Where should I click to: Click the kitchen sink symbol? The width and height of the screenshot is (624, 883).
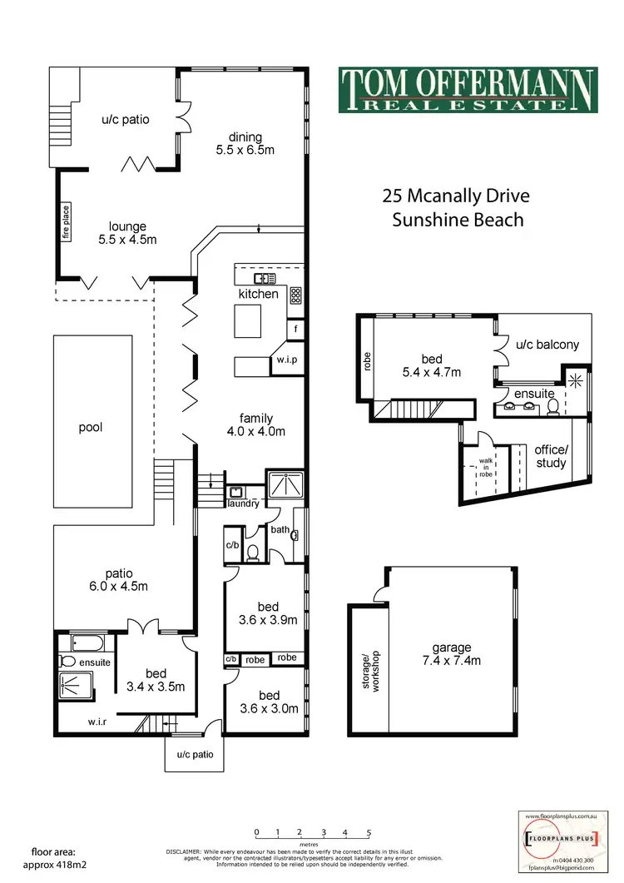click(265, 279)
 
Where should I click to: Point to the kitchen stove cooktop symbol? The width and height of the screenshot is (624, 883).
click(295, 294)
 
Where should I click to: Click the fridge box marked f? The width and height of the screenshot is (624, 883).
click(295, 330)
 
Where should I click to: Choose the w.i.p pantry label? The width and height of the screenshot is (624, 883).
click(287, 360)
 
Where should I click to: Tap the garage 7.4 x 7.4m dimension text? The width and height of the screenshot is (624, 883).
click(452, 654)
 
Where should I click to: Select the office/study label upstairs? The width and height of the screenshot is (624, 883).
click(550, 456)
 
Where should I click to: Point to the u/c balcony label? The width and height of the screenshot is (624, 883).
click(547, 344)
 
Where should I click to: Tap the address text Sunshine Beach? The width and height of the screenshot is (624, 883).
click(458, 220)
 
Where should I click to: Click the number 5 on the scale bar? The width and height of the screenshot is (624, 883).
click(368, 831)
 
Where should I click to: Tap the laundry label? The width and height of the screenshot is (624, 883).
click(243, 504)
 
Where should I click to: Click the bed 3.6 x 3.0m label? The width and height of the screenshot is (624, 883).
click(268, 702)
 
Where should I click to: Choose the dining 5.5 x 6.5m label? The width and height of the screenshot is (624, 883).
click(244, 144)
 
